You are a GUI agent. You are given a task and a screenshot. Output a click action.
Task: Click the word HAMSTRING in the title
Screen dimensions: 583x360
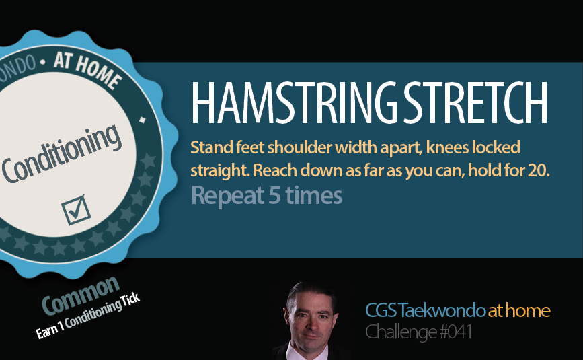[x=295, y=103]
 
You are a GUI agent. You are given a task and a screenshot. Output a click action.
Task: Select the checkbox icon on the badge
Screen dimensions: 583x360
[x=76, y=210]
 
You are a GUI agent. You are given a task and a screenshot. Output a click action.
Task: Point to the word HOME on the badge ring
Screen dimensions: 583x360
[x=99, y=75]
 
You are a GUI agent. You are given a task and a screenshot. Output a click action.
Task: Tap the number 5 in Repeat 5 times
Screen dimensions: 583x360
[x=274, y=195]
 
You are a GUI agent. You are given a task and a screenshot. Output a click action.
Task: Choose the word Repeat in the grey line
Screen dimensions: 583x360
[x=227, y=196]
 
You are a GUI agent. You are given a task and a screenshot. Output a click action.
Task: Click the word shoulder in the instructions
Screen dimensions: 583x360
[x=299, y=147]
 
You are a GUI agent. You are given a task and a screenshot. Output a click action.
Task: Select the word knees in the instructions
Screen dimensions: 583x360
[x=448, y=148]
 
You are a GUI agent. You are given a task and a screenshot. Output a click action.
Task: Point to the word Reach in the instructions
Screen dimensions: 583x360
[x=275, y=171]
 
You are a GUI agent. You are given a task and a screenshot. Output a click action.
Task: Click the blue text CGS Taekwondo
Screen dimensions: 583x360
[x=425, y=310]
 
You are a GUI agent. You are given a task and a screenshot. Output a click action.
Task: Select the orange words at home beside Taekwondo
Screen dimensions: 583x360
[x=519, y=310]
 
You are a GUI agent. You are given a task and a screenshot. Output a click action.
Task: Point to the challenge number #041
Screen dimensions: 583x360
[x=456, y=332]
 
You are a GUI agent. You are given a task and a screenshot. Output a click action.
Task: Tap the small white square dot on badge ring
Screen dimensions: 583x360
[x=143, y=120]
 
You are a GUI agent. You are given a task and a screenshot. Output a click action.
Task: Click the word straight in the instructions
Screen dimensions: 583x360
[x=220, y=171]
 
